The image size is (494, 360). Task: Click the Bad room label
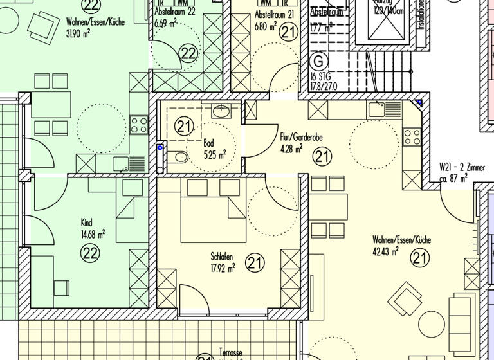coord(208,143)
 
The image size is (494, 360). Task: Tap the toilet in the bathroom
coord(180,158)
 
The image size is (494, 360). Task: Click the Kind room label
coord(86,223)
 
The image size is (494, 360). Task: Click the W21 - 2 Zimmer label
coord(462,167)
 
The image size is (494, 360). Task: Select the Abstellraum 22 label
coord(174,11)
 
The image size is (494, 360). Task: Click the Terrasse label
coord(229,354)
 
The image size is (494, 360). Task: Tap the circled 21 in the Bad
coord(185,127)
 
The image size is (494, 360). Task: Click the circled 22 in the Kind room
coord(90,253)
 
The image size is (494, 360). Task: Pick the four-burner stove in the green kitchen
coord(139,123)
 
